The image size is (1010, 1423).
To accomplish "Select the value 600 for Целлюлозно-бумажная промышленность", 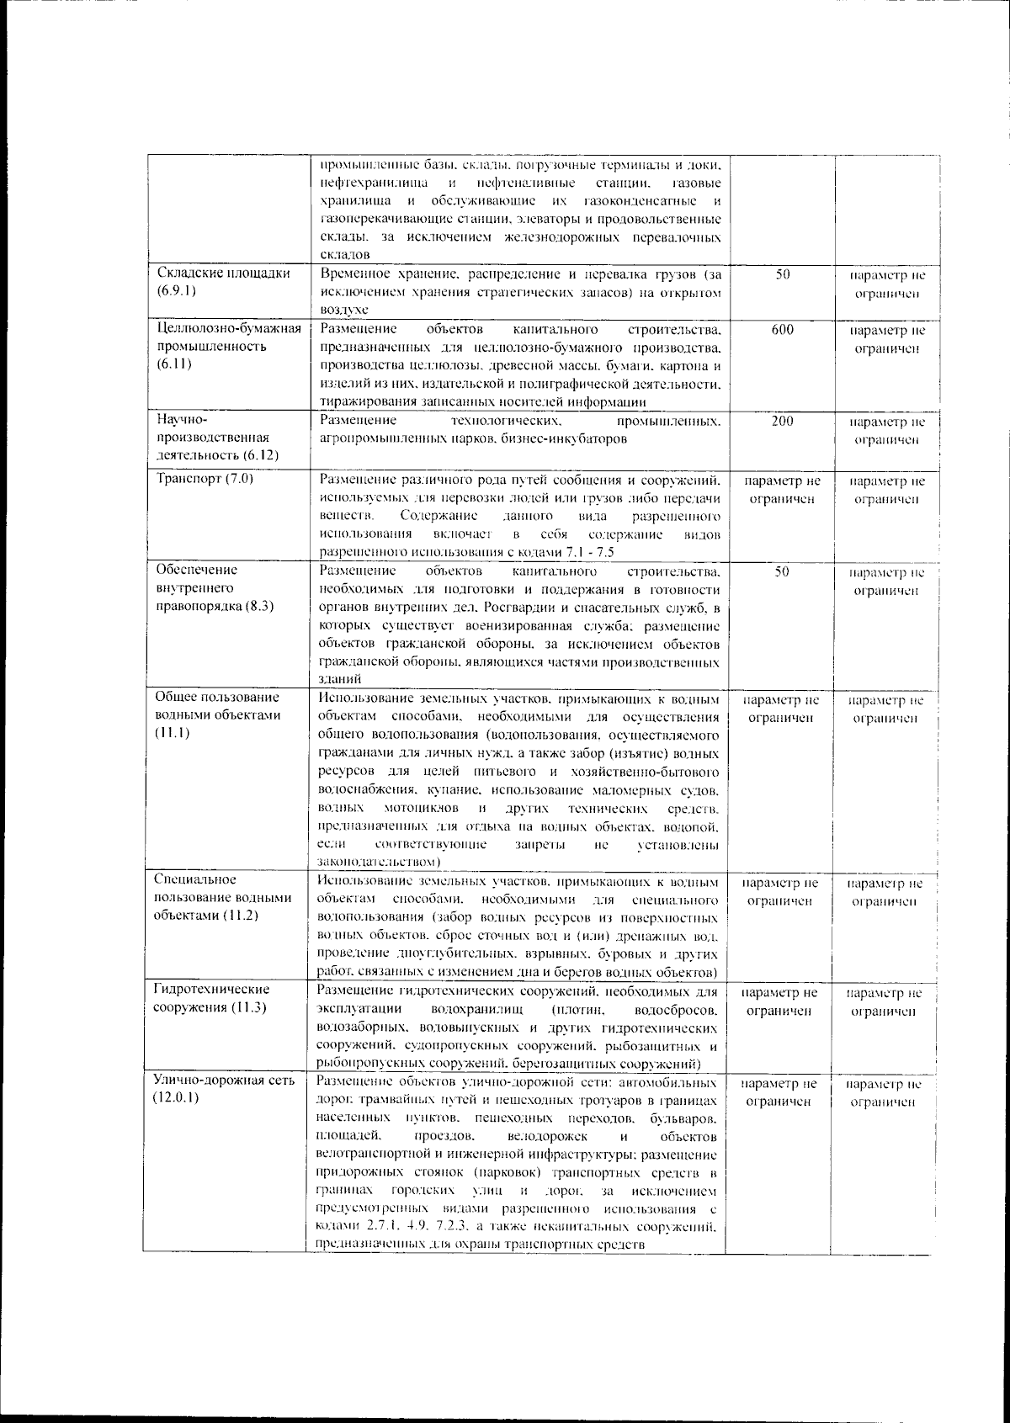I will (782, 331).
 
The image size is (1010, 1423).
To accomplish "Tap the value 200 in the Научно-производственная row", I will (782, 422).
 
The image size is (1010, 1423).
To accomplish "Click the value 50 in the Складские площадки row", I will (782, 274).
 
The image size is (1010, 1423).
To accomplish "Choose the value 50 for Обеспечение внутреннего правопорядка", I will (782, 571).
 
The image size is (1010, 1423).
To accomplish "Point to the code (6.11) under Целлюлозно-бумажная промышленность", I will (173, 364).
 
